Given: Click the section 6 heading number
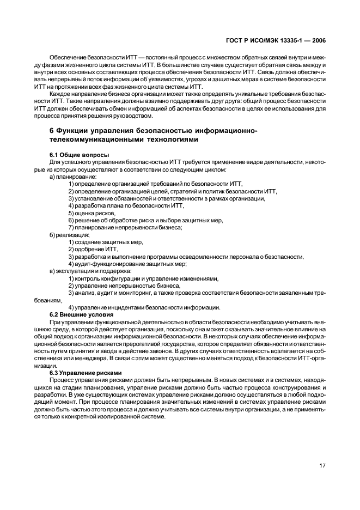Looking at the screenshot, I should (x=52, y=131).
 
